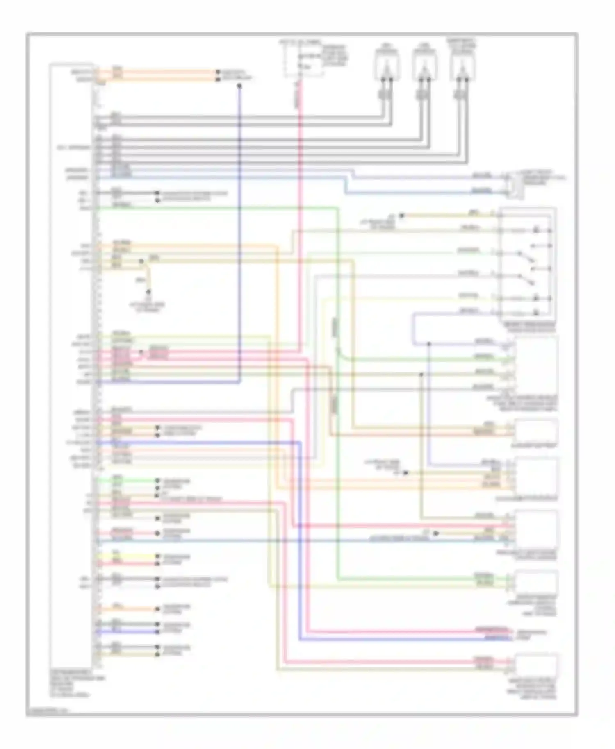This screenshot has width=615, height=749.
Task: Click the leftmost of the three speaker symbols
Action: [x=386, y=65]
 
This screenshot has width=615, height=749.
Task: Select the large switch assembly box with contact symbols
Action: [x=527, y=265]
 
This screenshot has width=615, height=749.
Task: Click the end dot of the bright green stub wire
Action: [x=157, y=480]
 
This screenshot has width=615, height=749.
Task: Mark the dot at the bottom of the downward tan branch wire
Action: [x=148, y=292]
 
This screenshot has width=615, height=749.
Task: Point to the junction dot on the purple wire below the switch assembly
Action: [x=429, y=343]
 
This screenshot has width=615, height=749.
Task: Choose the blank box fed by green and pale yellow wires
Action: [x=536, y=582]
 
